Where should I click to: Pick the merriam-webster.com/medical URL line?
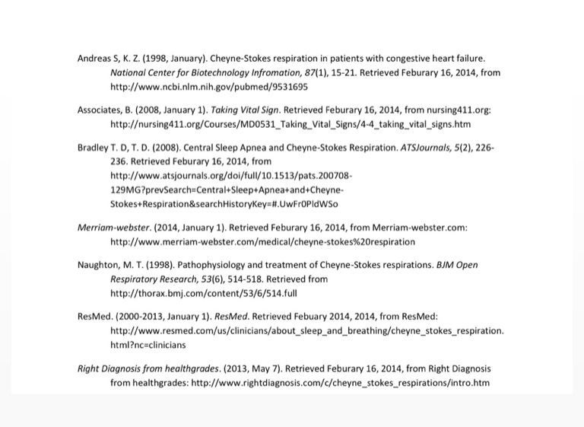click(262, 242)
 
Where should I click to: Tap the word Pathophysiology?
click(224, 266)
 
